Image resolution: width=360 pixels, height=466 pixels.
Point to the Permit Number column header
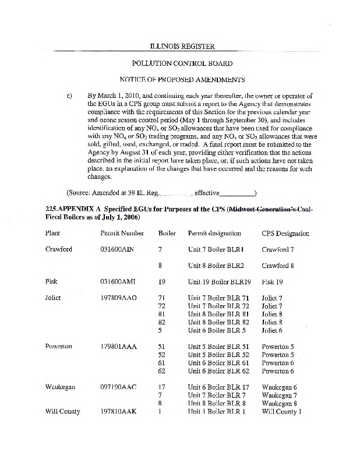[122, 233]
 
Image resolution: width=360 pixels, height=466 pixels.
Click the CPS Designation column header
[285, 233]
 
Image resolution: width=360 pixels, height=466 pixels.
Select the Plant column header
[52, 233]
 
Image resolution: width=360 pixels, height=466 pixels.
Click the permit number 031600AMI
[118, 281]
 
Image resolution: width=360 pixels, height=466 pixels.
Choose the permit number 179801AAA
[119, 346]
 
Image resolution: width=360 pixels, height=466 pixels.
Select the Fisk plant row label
[51, 281]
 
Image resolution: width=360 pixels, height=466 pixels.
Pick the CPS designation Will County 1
[281, 411]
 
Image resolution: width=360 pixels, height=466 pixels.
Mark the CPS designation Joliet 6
[272, 330]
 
